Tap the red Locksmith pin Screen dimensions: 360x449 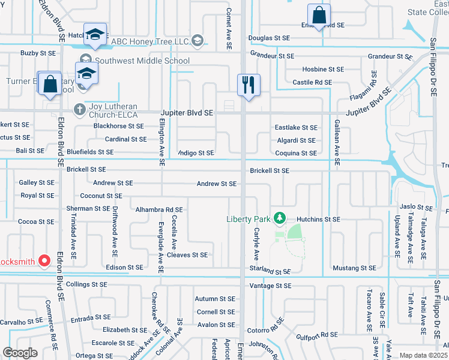click(x=44, y=261)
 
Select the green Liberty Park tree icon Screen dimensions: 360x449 click(x=279, y=217)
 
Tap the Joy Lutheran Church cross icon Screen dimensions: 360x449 click(x=79, y=109)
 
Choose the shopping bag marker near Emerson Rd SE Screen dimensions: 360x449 click(x=319, y=16)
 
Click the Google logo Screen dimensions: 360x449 click(x=20, y=353)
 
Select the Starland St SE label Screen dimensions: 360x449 click(x=270, y=272)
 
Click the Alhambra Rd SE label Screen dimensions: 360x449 click(x=158, y=209)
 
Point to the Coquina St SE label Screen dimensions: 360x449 click(x=295, y=153)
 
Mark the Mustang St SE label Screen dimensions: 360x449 click(x=355, y=268)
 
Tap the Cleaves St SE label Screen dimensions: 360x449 click(x=187, y=255)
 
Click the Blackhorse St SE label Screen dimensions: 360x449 click(x=119, y=126)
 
